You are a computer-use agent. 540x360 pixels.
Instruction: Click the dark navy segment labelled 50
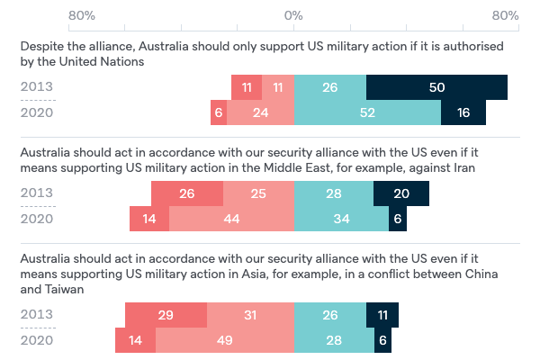436,87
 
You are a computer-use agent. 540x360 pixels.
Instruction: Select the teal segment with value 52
367,112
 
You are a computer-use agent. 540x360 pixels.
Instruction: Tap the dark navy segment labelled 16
463,112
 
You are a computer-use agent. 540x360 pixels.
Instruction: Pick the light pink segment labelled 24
260,112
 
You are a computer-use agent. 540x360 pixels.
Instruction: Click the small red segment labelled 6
219,112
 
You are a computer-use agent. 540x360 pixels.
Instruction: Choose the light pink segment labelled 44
231,219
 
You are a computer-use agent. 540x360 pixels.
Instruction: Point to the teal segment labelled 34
341,219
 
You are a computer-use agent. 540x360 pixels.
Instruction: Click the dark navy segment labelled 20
400,193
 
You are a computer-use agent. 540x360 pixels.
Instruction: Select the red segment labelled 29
166,316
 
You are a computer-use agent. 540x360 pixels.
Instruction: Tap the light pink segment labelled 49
225,341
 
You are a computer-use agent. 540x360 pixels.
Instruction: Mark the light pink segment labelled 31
250,316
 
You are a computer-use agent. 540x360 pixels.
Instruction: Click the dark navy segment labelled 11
382,316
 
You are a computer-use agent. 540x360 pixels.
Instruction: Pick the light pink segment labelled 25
258,193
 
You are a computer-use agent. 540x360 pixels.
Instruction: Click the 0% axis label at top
294,16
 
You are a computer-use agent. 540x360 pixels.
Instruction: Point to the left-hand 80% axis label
82,16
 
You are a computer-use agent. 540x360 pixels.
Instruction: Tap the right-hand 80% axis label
506,16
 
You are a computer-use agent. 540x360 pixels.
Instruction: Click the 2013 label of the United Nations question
37,87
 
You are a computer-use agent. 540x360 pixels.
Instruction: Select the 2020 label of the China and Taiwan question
37,341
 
